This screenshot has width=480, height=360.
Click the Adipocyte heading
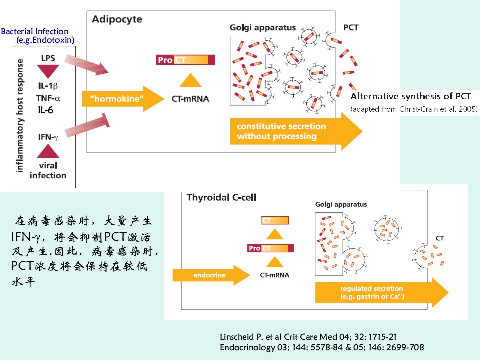click(x=117, y=19)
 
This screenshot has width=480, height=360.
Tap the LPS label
click(x=48, y=58)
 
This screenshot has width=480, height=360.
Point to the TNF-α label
click(x=48, y=98)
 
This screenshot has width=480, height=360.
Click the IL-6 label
click(x=46, y=110)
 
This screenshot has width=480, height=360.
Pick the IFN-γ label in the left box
click(x=48, y=137)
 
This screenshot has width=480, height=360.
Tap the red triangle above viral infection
click(x=48, y=151)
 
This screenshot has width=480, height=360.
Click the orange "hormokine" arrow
click(x=123, y=99)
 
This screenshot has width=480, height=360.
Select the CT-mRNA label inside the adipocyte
click(x=190, y=99)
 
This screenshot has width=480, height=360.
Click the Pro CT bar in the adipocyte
click(x=185, y=60)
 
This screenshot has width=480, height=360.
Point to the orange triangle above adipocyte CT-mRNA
click(x=190, y=80)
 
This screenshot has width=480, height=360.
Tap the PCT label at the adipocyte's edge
click(x=351, y=28)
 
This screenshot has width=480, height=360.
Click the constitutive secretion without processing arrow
click(x=296, y=131)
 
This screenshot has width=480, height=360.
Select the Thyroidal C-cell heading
click(x=221, y=198)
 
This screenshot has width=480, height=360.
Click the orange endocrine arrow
click(x=211, y=275)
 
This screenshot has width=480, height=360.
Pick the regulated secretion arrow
click(x=382, y=292)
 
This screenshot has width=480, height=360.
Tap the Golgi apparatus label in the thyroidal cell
click(x=341, y=205)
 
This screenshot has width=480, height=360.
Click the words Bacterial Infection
click(x=35, y=31)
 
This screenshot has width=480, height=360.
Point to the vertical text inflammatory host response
click(x=19, y=116)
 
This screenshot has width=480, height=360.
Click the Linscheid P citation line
click(x=308, y=337)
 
